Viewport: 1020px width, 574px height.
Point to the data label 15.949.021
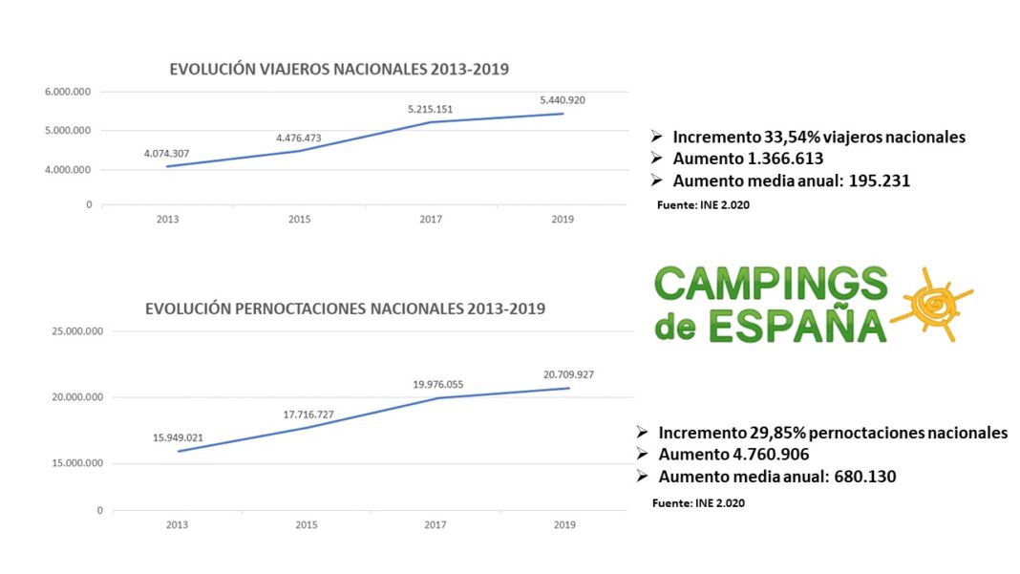tap(178, 437)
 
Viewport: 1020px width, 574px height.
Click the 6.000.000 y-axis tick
tap(68, 92)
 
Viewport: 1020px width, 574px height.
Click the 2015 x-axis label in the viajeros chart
tap(300, 219)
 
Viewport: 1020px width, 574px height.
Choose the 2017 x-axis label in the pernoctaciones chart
tap(436, 524)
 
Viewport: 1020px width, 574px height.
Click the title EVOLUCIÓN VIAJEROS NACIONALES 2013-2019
tap(339, 69)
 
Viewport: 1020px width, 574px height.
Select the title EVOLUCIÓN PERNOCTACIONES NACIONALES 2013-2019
tap(345, 308)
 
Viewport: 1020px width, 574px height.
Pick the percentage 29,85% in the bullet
tap(762, 433)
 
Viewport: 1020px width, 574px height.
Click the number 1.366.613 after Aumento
tap(776, 159)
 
